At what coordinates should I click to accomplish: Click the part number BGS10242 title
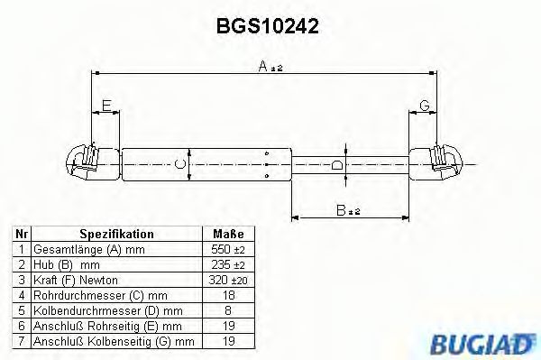(267, 27)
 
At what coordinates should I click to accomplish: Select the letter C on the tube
(179, 163)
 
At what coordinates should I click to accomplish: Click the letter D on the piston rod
(335, 164)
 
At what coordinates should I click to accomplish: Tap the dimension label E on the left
(106, 106)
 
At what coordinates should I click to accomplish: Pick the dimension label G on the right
(424, 106)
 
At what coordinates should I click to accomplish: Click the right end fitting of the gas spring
(443, 162)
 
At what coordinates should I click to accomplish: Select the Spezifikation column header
(116, 234)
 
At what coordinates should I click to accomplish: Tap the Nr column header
(21, 234)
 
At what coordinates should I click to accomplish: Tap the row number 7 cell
(21, 342)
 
